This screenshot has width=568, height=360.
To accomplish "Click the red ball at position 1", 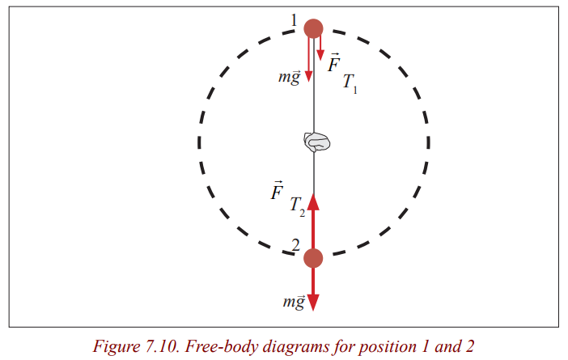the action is (x=313, y=28).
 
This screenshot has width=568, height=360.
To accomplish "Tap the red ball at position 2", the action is (x=313, y=258).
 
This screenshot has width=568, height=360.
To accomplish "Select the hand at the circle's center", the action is (x=317, y=142).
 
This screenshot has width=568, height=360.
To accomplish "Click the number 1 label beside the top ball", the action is (x=295, y=20).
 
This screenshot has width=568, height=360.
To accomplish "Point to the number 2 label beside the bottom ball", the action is (x=296, y=246).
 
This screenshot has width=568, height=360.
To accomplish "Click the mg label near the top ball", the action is (x=290, y=77).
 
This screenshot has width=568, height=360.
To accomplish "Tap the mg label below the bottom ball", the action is (x=294, y=302).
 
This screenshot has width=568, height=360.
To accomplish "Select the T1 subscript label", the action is (x=350, y=83).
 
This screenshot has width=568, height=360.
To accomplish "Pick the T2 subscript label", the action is (x=298, y=207).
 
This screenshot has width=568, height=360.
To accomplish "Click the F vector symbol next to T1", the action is (x=334, y=62).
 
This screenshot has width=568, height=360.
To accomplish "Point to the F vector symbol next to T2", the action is (x=277, y=190).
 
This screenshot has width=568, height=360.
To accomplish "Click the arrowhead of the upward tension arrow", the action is (x=313, y=201).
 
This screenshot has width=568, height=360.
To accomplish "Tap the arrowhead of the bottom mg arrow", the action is (x=313, y=303).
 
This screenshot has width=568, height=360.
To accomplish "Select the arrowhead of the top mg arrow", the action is (x=308, y=76).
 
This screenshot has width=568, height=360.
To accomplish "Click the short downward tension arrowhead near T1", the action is (x=320, y=55).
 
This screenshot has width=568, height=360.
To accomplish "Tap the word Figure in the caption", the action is (x=117, y=347).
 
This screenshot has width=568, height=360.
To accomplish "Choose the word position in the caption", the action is (x=388, y=348).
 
